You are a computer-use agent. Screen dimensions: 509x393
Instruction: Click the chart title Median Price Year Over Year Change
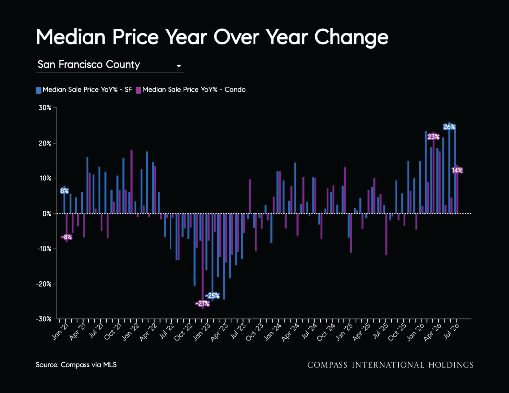click(x=212, y=37)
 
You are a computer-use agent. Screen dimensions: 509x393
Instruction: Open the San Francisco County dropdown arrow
click(x=178, y=66)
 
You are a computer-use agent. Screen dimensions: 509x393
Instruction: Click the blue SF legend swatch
click(x=38, y=90)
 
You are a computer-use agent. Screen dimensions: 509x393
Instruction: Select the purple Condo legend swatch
click(x=138, y=90)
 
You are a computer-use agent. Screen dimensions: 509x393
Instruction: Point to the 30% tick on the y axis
click(x=45, y=108)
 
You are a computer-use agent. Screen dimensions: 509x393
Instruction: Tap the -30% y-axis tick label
click(x=44, y=319)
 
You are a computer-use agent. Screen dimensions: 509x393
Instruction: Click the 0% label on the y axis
click(x=47, y=214)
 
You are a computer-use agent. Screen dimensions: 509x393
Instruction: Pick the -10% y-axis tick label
click(x=44, y=249)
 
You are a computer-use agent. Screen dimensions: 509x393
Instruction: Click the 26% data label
click(x=449, y=127)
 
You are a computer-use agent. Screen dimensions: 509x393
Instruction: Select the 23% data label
click(x=433, y=137)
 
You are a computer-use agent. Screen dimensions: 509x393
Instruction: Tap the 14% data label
click(x=457, y=170)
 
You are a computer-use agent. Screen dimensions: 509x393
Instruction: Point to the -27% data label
click(x=203, y=304)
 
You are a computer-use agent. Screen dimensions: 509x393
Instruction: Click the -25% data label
click(x=213, y=296)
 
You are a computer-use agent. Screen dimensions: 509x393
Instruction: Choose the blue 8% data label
click(x=64, y=191)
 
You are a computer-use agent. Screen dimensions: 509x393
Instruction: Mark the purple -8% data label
click(x=66, y=237)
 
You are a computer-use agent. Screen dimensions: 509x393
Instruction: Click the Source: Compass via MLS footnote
click(x=76, y=365)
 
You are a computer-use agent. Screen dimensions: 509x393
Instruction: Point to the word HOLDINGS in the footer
click(x=451, y=365)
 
